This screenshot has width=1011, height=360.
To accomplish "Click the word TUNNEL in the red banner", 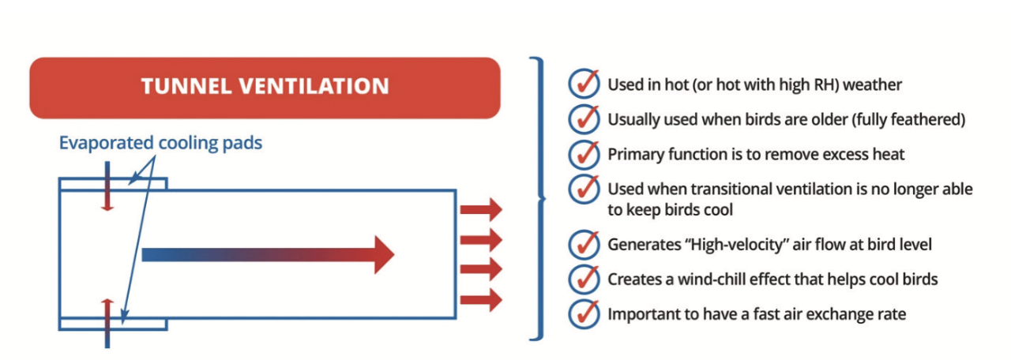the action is point(186,86).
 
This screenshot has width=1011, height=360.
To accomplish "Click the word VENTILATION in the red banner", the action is point(314,86).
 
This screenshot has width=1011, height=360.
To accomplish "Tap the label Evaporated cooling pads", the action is point(160,143).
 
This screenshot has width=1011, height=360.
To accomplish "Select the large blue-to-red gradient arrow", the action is point(268,255).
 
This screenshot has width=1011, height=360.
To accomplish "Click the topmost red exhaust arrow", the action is point(481,209).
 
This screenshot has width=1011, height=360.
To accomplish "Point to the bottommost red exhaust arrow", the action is point(481,300).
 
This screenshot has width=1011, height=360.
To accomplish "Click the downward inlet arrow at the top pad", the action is point(107,186).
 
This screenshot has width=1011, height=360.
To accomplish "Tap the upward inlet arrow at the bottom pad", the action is point(107,323).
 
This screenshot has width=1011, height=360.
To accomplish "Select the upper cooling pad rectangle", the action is point(113,179).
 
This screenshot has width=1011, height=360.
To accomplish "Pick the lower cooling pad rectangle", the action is point(113,329).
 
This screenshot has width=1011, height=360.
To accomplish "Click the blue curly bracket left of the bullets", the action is point(539,198).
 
